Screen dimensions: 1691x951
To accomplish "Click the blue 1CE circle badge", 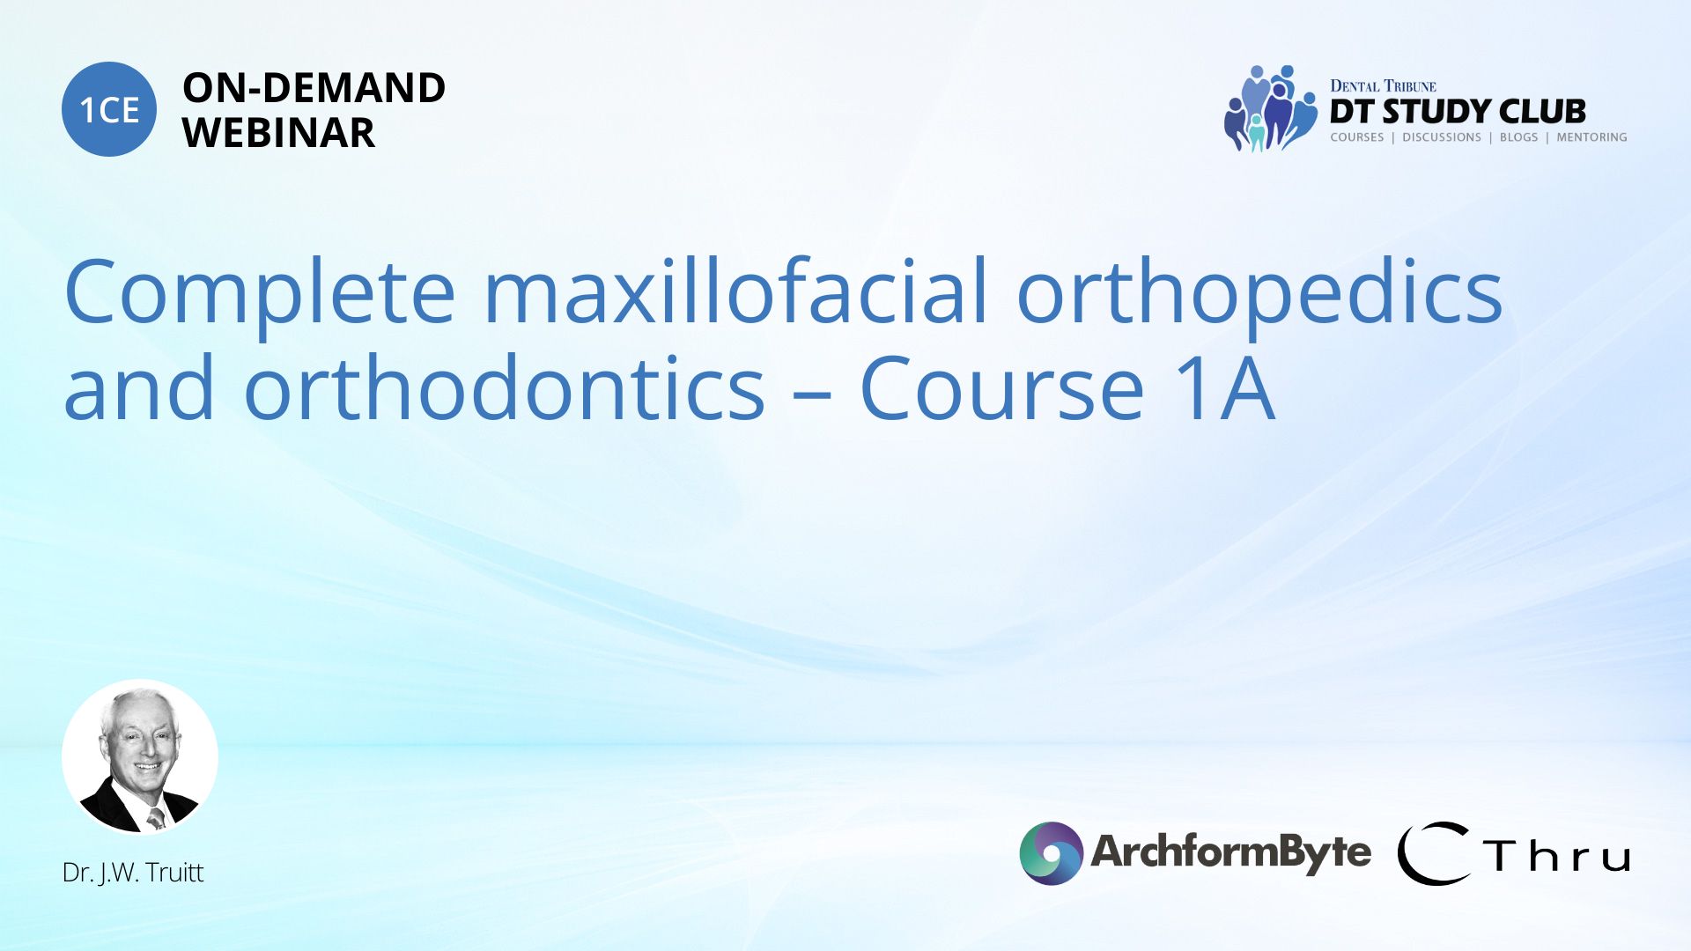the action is pos(109,109).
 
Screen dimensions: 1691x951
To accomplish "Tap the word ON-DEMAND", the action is pos(314,88).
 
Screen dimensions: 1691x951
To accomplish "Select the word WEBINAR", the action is pos(278,133).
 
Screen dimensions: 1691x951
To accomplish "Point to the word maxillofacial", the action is pos(736,291).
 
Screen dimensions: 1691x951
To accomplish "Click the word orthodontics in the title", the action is pos(504,387).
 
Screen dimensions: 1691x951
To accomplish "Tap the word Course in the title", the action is pos(1001,387).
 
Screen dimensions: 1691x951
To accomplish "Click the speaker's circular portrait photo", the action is pos(140,756).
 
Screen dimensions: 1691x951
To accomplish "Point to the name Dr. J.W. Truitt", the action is pos(133,872).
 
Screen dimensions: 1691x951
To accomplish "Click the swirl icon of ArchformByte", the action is pos(1051,852).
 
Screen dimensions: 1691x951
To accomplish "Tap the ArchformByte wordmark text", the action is pos(1230,851).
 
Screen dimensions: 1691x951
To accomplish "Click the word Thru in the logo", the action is pos(1556,855).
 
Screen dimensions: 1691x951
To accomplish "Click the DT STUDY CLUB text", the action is pos(1458,111).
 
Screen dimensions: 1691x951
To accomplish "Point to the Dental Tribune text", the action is pos(1383,85).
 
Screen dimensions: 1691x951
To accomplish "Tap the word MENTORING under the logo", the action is pos(1591,137).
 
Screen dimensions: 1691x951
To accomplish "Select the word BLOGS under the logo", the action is pos(1518,137).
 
